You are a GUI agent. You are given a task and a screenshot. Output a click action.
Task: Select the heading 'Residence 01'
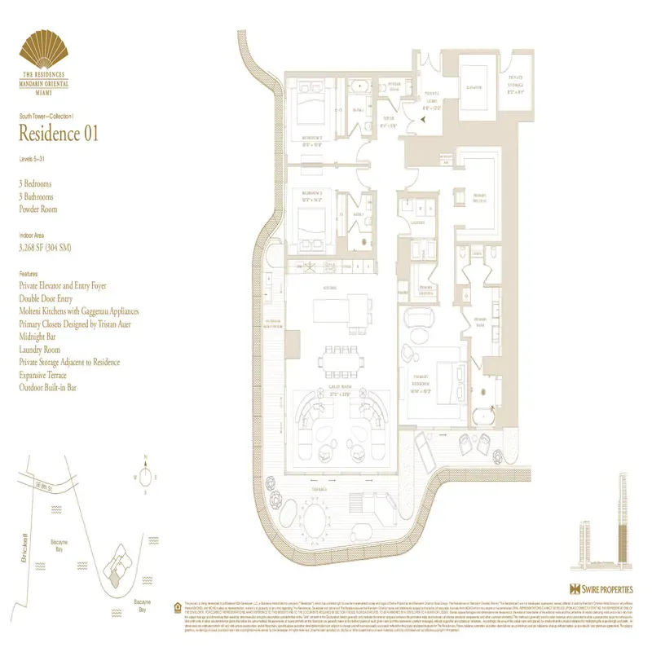tap(58, 134)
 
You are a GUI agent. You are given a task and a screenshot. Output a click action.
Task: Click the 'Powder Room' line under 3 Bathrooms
tap(40, 209)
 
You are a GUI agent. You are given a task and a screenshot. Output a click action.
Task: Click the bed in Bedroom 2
tap(310, 104)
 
